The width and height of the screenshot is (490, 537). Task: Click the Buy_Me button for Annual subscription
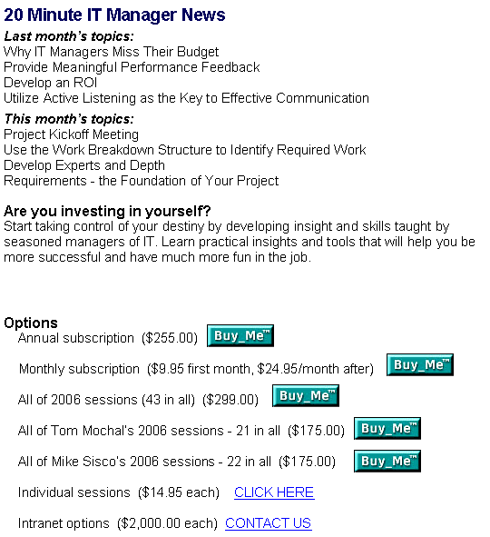[240, 335]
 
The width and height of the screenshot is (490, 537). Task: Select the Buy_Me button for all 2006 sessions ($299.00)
[306, 395]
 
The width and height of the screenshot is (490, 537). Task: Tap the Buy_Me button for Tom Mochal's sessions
[387, 428]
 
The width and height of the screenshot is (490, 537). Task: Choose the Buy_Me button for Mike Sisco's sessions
[387, 461]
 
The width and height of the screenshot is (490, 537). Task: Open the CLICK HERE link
[274, 492]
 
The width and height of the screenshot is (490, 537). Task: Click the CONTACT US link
[269, 523]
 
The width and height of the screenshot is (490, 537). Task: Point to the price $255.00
[170, 338]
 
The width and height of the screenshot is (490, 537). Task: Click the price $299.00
[230, 400]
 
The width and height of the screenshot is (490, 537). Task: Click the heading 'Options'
[31, 323]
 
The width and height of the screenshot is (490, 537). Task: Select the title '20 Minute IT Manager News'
[114, 15]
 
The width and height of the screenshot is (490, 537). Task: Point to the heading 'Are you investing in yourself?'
[107, 211]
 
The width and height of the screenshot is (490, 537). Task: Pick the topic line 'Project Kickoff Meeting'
[71, 134]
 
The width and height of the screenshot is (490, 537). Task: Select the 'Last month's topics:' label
[69, 36]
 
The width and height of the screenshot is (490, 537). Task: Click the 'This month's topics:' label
[69, 119]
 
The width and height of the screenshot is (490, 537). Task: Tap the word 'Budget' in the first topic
[198, 52]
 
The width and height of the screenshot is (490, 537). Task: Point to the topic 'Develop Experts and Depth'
[84, 165]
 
